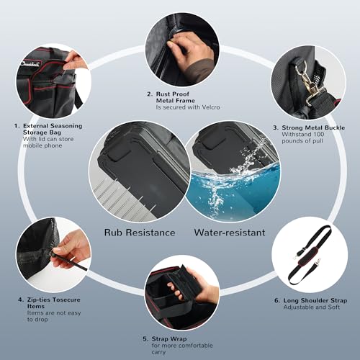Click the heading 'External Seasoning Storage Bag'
tap(53, 129)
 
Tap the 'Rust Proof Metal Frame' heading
tap(176, 97)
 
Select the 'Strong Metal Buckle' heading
tap(313, 127)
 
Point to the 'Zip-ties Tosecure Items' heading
tap(54, 303)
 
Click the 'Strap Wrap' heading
tap(169, 339)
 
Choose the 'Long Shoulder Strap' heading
tap(315, 300)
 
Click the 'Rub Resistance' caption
tap(140, 233)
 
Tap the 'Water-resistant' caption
tap(230, 233)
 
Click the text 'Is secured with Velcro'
tap(188, 107)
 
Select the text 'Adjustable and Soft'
tap(312, 307)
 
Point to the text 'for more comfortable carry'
tap(182, 348)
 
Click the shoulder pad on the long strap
tap(308, 257)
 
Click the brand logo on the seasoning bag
tap(31, 64)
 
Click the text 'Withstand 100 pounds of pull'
tap(303, 138)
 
